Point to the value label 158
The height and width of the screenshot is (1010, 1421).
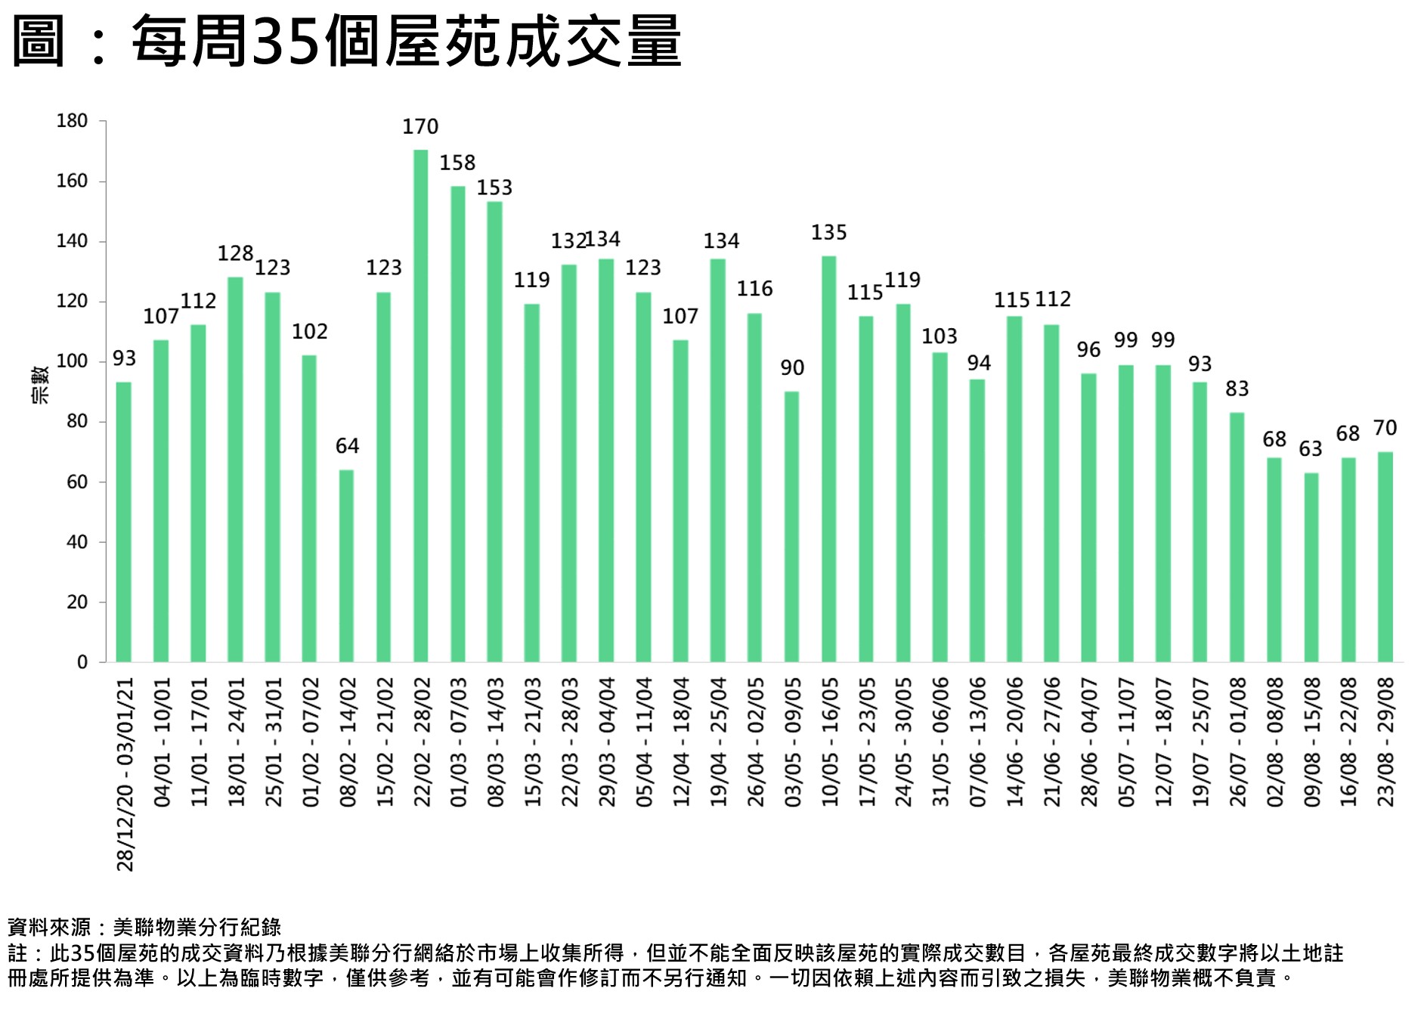pyautogui.click(x=458, y=163)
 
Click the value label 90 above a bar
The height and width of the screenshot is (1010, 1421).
pyautogui.click(x=792, y=368)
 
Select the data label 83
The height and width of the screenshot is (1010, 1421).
pyautogui.click(x=1237, y=389)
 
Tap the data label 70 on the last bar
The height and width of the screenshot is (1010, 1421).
pyautogui.click(x=1385, y=429)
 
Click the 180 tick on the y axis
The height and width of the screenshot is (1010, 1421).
pyautogui.click(x=73, y=121)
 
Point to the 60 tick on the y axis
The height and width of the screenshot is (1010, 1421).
pyautogui.click(x=77, y=482)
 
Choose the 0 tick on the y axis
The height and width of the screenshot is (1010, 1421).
pyautogui.click(x=82, y=662)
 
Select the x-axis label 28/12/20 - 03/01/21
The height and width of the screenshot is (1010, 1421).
pyautogui.click(x=125, y=773)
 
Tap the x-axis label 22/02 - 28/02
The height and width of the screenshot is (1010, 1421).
pyautogui.click(x=422, y=742)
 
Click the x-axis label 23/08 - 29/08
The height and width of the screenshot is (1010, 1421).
pyautogui.click(x=1385, y=742)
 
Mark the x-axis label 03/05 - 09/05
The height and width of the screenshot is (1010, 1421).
pyautogui.click(x=792, y=742)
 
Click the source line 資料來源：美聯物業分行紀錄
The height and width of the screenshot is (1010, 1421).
pyautogui.click(x=144, y=928)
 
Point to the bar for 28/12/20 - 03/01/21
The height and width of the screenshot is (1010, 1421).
pyautogui.click(x=124, y=522)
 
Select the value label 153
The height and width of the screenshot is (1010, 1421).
pyautogui.click(x=495, y=187)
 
